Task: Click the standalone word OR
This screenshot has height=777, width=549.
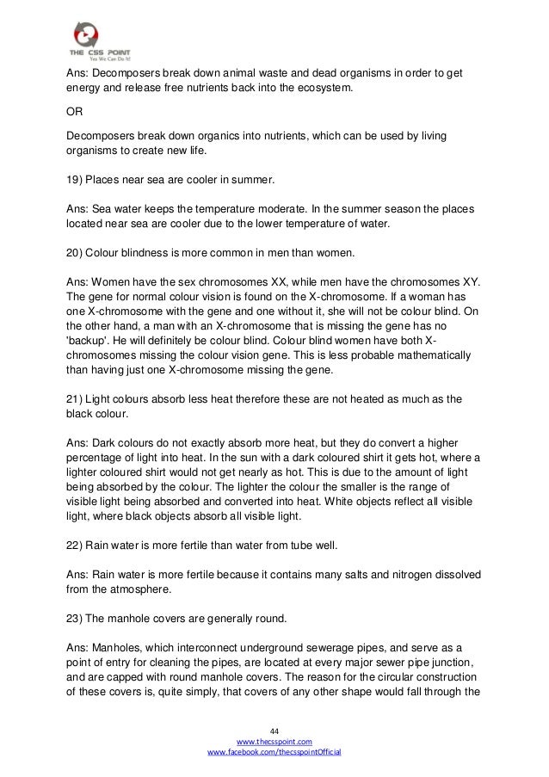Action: click(x=75, y=111)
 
